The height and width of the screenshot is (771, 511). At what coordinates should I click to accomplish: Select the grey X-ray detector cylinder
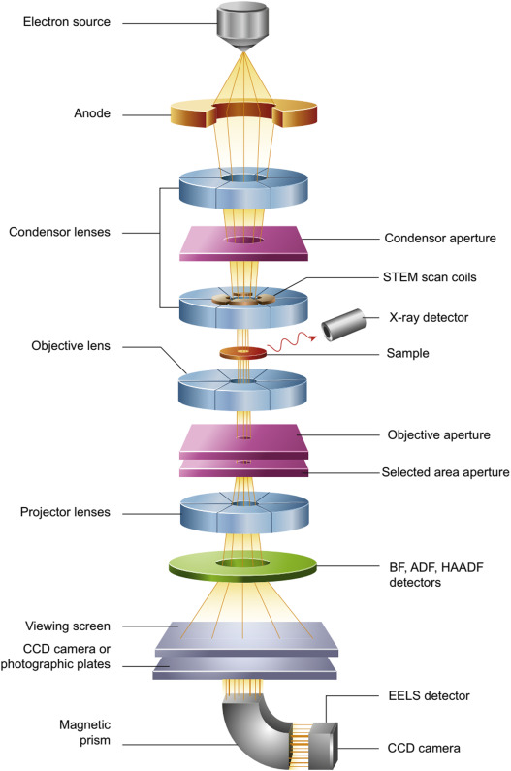pyautogui.click(x=343, y=325)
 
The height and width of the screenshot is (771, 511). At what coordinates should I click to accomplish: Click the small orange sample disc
pyautogui.click(x=242, y=353)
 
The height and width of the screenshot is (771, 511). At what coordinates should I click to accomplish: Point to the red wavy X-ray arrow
pyautogui.click(x=291, y=342)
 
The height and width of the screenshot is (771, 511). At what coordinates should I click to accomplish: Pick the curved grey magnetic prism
pyautogui.click(x=256, y=727)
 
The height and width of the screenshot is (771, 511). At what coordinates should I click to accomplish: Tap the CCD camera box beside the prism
pyautogui.click(x=323, y=746)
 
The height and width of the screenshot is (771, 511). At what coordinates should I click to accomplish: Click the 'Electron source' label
pyautogui.click(x=67, y=22)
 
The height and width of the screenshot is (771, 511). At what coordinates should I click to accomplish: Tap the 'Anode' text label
pyautogui.click(x=92, y=113)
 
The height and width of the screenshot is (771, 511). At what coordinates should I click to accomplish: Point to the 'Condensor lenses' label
pyautogui.click(x=59, y=232)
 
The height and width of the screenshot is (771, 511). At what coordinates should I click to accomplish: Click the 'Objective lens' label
pyautogui.click(x=71, y=346)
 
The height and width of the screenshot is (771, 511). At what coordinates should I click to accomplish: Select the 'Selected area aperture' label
pyautogui.click(x=446, y=472)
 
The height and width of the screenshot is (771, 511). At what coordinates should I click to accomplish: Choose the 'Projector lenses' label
pyautogui.click(x=65, y=512)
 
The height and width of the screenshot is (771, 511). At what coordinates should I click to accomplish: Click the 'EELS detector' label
pyautogui.click(x=429, y=696)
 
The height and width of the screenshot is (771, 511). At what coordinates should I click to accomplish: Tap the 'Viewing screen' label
pyautogui.click(x=68, y=626)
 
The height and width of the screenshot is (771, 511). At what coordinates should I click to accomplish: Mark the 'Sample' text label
pyautogui.click(x=407, y=354)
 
